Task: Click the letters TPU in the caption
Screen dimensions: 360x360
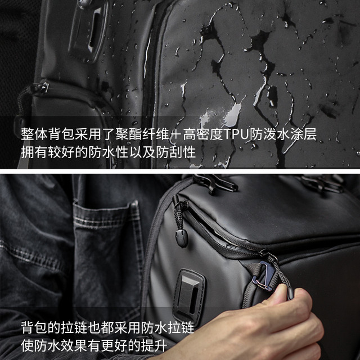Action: (236, 134)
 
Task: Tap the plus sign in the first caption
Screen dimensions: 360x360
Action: (176, 134)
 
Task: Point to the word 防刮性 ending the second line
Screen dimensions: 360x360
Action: (176, 152)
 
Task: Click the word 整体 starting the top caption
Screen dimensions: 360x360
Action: (34, 134)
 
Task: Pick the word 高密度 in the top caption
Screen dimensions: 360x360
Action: (202, 134)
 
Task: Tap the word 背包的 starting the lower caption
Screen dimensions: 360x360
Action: (41, 327)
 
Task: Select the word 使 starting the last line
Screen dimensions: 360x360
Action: (28, 345)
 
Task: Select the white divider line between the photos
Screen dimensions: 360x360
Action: (180, 171)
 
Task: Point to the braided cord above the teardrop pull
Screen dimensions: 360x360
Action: (179, 215)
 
